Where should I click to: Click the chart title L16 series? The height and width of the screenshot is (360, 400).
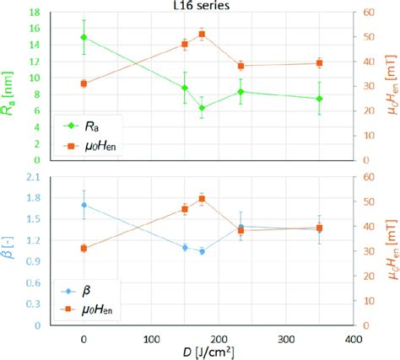tap(200, 6)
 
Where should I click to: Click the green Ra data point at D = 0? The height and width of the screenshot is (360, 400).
tap(83, 37)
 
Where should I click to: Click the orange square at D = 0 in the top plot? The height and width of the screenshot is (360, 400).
tap(83, 83)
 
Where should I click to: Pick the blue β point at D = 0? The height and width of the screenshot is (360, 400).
tap(83, 205)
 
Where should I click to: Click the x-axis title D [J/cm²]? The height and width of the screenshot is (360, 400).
tap(200, 350)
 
